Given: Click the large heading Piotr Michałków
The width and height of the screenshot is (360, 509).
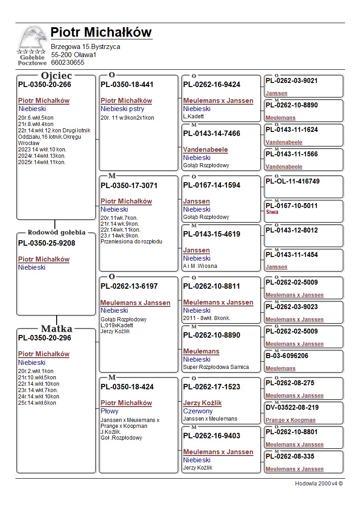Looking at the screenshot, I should point(101,33).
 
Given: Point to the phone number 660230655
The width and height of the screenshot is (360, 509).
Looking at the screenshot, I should point(68,63).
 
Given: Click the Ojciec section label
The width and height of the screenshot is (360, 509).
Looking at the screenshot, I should point(56,76).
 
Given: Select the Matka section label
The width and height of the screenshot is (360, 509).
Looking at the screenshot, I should point(56,329).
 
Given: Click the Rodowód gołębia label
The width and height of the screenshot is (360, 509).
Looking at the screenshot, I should point(56,233).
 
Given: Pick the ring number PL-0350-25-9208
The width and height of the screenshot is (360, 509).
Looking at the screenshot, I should point(47,243).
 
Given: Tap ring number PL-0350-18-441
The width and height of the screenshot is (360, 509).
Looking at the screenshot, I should point(127,85).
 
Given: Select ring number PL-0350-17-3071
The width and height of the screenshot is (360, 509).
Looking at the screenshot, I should point(129,185).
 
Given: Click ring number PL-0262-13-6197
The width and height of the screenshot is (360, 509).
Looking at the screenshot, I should point(129,286).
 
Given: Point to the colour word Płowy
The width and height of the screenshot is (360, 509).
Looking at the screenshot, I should point(109,411).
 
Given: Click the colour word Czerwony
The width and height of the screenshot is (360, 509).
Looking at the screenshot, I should point(198,411).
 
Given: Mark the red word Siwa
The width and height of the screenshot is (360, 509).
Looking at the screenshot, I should point(272,212).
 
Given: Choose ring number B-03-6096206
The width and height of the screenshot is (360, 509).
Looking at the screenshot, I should point(287,356).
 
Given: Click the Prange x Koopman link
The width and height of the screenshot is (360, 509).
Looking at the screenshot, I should point(290,420).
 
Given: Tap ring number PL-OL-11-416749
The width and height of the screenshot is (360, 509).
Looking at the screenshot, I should point(292,181).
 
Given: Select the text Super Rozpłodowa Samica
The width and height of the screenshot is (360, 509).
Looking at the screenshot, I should point(216,367).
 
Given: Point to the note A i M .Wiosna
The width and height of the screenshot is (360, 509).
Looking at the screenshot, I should point(200,266).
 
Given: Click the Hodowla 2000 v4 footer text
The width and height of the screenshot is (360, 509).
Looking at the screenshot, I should point(319,484).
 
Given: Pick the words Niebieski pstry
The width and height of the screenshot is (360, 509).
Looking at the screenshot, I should point(122,109).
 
